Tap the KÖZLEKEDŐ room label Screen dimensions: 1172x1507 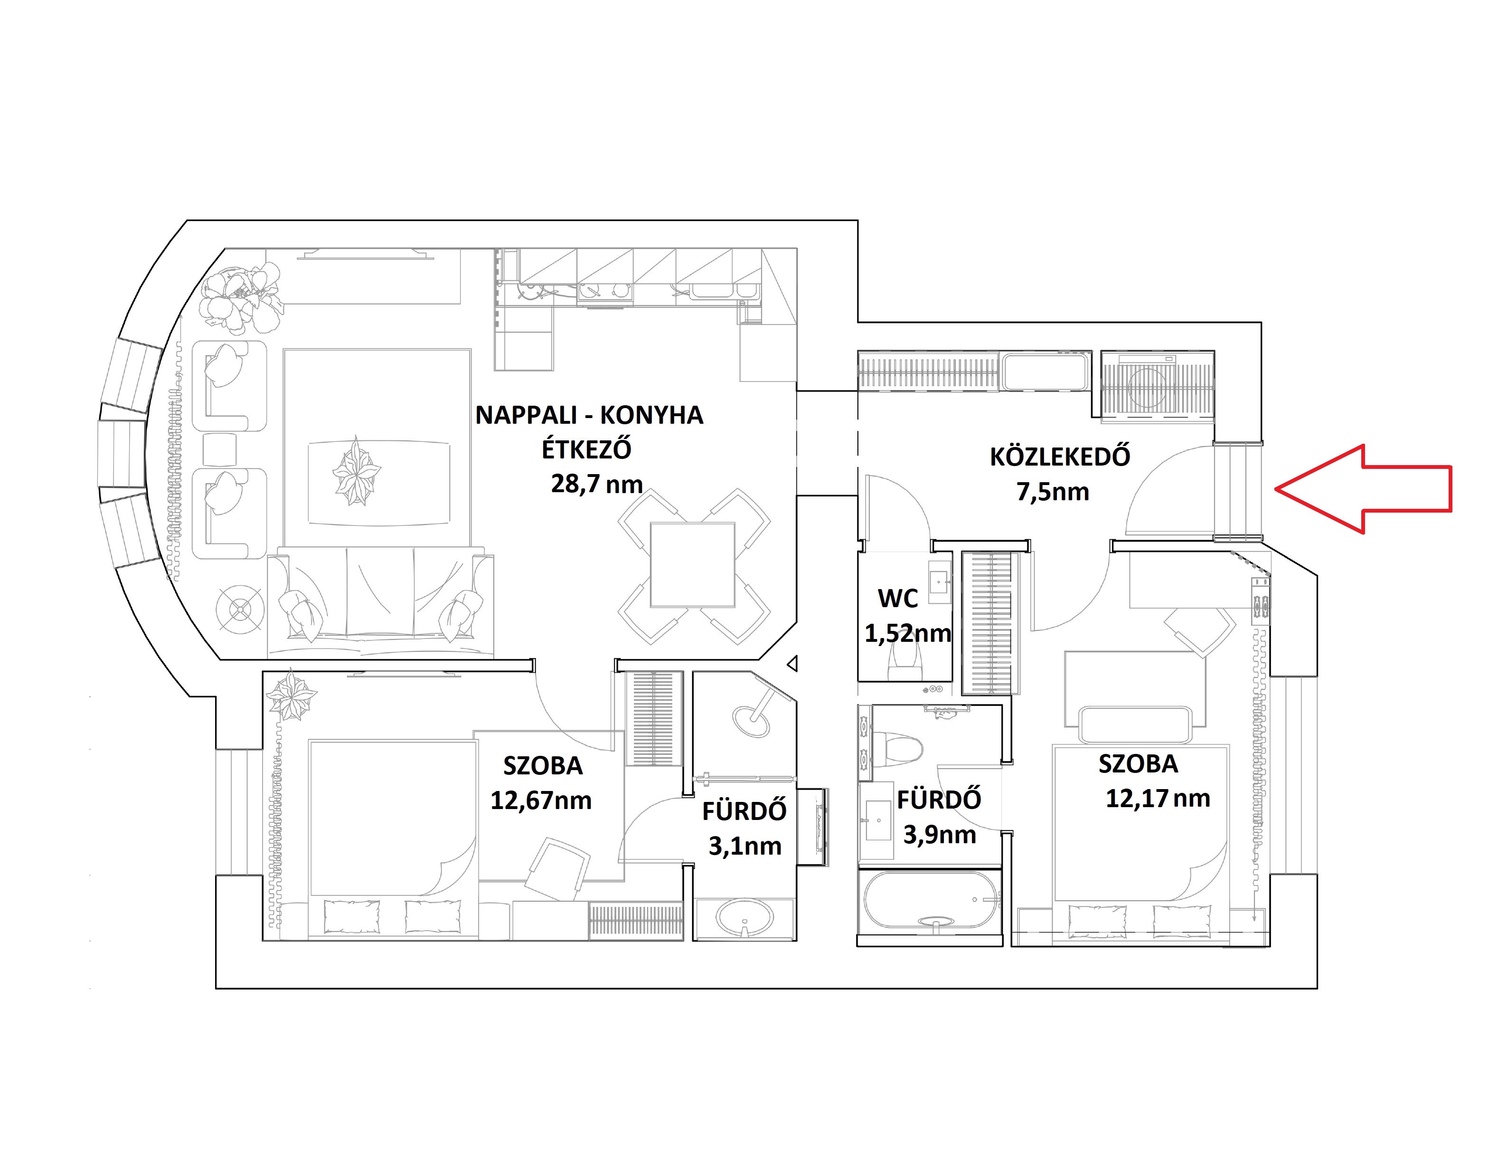[1060, 457]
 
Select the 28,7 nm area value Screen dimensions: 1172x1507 [596, 484]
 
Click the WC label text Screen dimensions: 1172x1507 [898, 599]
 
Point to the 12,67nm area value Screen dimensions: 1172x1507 [541, 800]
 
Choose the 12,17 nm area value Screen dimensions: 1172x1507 [1158, 799]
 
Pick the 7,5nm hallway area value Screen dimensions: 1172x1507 [1053, 492]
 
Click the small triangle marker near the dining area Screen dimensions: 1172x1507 [792, 664]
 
